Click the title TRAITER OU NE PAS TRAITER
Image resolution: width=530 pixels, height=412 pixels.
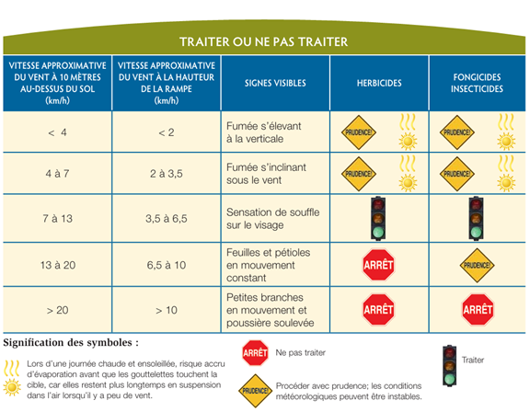point(263,42)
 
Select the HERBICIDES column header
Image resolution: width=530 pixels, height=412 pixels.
point(379,83)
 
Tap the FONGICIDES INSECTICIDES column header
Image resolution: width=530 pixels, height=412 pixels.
point(477,83)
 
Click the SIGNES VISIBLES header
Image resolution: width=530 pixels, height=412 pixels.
point(275,83)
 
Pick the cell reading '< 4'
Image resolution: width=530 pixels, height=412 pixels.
point(57,132)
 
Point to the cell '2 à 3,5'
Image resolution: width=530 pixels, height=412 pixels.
point(167,174)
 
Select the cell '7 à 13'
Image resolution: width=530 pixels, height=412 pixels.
point(57,219)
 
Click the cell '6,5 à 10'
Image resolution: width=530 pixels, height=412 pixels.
point(167,265)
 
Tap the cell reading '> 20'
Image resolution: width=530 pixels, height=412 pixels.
point(57,310)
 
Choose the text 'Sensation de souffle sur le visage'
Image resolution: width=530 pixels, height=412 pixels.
point(272,219)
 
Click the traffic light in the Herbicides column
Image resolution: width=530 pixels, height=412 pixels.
point(378,218)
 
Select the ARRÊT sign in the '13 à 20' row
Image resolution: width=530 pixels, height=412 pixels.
point(378,265)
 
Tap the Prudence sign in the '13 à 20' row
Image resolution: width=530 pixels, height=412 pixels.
point(477,265)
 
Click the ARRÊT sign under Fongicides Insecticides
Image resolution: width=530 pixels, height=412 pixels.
point(478,310)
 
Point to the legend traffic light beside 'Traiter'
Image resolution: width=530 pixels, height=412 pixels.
point(450,366)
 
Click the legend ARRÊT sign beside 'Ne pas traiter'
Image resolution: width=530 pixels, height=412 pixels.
point(255,353)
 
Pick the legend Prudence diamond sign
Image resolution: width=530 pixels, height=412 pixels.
point(255,391)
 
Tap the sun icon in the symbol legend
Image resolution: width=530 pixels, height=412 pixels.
point(12,387)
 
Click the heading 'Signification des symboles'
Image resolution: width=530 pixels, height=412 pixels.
point(71,343)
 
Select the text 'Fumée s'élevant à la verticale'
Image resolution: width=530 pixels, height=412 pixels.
point(264,132)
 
